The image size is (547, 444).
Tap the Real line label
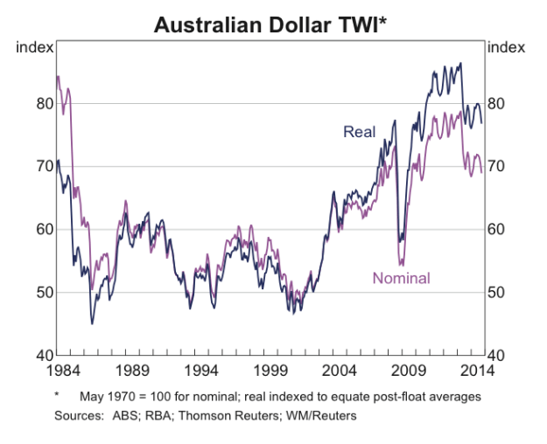point(359,132)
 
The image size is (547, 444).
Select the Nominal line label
point(402,278)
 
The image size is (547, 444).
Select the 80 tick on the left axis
point(44,103)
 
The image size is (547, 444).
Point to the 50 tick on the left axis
point(44,292)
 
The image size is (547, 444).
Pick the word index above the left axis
point(35,46)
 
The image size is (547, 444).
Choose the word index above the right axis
point(505,46)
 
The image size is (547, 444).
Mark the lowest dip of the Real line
point(92,323)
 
